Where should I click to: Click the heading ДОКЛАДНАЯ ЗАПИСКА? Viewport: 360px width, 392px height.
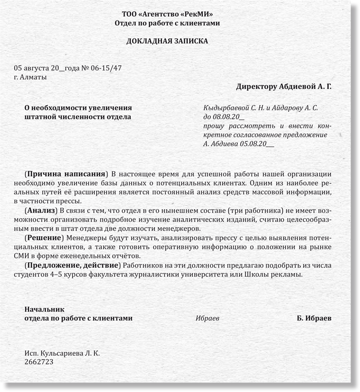coord(167,41)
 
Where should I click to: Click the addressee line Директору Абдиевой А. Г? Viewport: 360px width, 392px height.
coord(284,87)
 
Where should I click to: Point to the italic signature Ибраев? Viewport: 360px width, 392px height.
coord(207,319)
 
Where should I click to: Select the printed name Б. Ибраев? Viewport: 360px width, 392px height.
coord(314,319)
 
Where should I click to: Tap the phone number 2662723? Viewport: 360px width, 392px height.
coord(39,362)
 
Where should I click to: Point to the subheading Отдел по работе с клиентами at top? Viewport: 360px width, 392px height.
coord(167,23)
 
